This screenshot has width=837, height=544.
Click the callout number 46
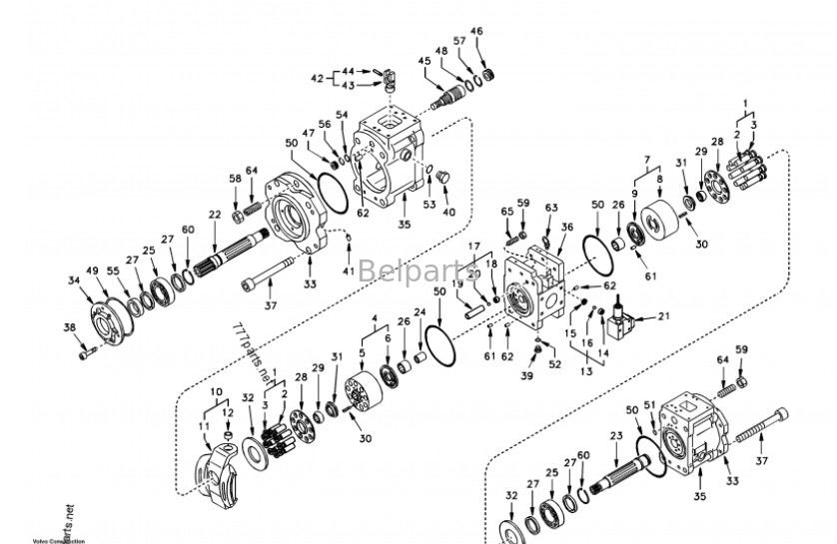coord(476,32)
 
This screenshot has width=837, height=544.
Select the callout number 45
coord(424,61)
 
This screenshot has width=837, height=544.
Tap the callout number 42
coord(317,78)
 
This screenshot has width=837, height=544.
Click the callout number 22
coord(214,215)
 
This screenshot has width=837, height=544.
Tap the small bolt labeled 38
coord(87,350)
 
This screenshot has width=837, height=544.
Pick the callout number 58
coord(236,179)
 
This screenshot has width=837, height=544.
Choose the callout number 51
coord(649,404)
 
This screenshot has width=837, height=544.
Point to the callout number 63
coord(550,207)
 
